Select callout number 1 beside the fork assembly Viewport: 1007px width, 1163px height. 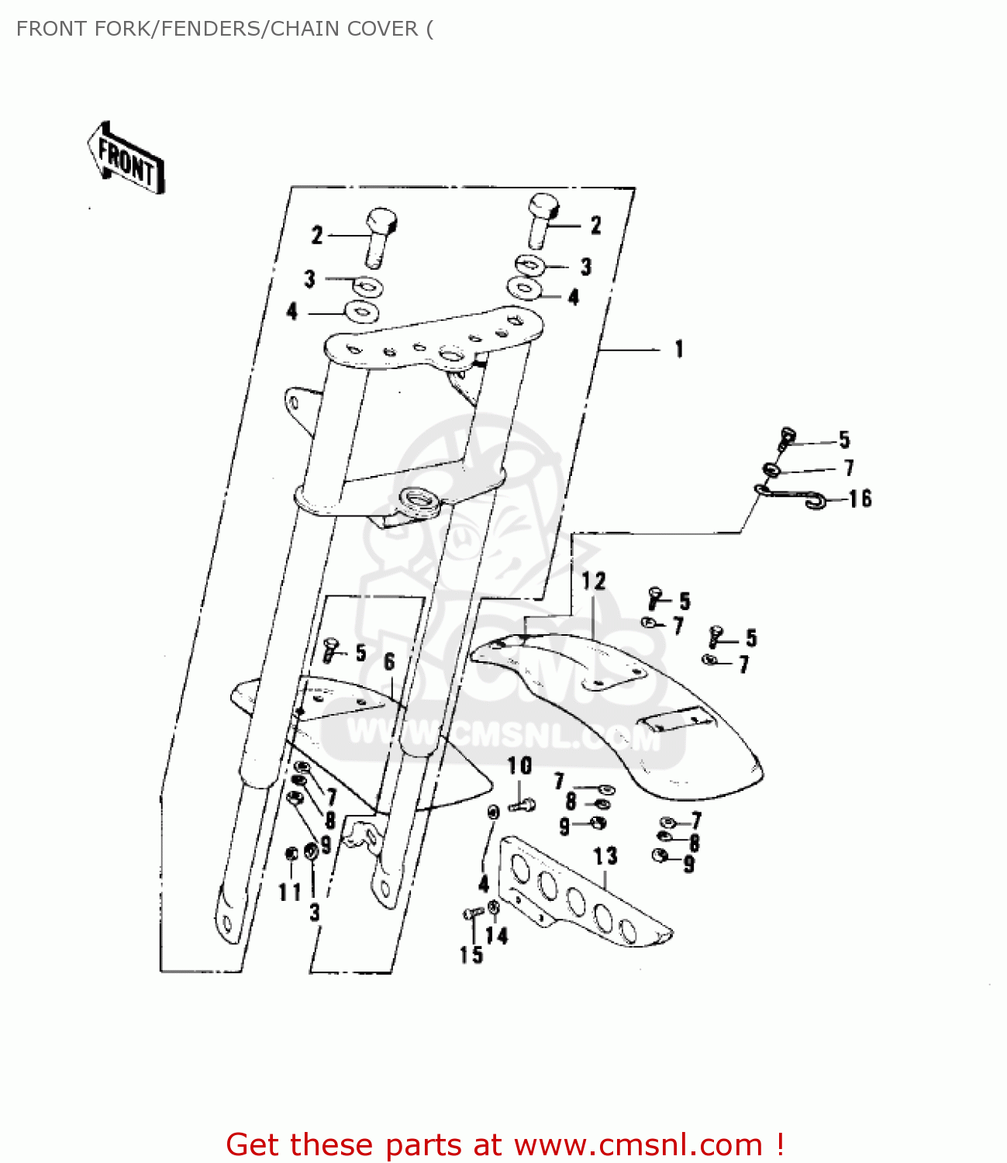click(679, 349)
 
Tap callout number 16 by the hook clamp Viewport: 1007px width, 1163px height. click(860, 499)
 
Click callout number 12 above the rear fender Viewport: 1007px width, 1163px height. click(594, 581)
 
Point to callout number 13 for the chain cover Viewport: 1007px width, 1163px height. click(605, 856)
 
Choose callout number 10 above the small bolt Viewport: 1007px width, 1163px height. click(519, 766)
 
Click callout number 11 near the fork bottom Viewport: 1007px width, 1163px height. click(290, 892)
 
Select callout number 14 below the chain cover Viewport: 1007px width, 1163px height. click(497, 936)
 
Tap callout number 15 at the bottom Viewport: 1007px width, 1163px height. click(471, 955)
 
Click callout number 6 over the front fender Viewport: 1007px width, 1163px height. click(389, 661)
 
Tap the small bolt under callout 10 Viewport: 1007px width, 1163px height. click(522, 806)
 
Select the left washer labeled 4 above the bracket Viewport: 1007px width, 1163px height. click(361, 312)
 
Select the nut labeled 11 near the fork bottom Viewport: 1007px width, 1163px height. click(291, 854)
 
